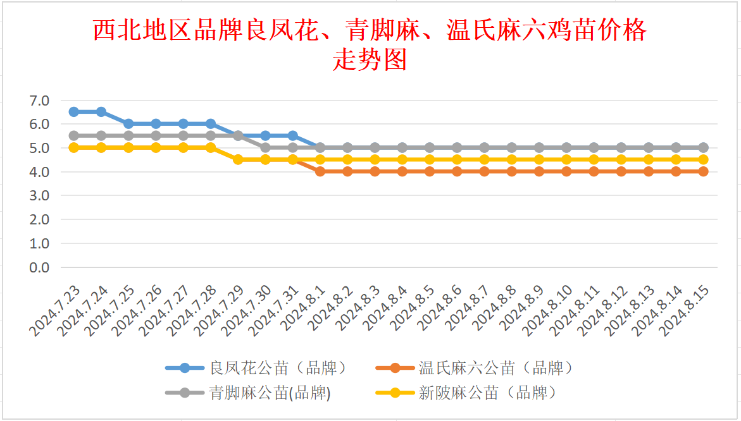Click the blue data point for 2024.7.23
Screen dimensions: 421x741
click(x=74, y=112)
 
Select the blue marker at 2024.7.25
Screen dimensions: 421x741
click(x=128, y=124)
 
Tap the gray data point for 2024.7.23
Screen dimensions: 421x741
click(x=74, y=135)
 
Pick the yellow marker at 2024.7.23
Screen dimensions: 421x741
click(x=74, y=147)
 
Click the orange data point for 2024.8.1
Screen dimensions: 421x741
click(x=320, y=171)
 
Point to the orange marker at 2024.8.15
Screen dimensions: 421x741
click(x=703, y=171)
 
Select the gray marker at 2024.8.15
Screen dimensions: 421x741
click(x=703, y=147)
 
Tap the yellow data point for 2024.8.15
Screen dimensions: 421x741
click(x=703, y=159)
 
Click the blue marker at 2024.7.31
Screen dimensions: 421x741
click(x=293, y=135)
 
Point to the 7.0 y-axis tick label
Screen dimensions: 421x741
click(x=39, y=101)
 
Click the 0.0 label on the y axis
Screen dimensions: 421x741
click(x=39, y=267)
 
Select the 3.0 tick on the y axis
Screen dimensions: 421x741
click(x=39, y=196)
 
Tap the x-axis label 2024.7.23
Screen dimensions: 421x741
click(x=55, y=310)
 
